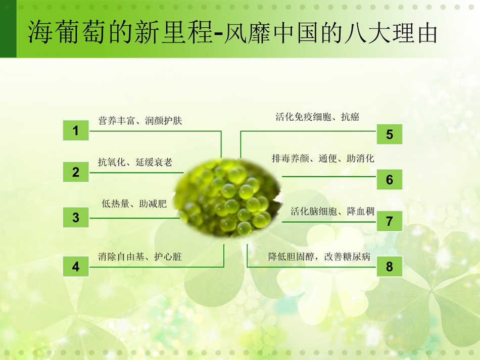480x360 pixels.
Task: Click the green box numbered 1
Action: (76, 130)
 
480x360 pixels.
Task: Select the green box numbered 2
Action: (76, 172)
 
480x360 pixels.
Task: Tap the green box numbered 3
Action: (76, 217)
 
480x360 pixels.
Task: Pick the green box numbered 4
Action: (76, 267)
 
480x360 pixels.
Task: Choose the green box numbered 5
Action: (390, 134)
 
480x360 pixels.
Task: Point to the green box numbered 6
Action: (390, 179)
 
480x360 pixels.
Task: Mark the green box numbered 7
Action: (390, 221)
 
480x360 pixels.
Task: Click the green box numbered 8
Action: (390, 267)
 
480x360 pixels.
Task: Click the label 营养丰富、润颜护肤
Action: (140, 121)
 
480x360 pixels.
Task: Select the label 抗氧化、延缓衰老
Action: (135, 162)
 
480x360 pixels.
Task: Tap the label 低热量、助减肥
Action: (134, 203)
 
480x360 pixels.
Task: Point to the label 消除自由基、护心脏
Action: (140, 256)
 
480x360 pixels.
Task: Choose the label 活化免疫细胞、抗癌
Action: (317, 117)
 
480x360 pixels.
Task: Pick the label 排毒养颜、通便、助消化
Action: (323, 158)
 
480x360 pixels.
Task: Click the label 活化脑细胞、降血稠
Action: (332, 211)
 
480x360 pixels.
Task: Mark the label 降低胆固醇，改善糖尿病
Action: (319, 256)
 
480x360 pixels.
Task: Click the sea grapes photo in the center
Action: (228, 198)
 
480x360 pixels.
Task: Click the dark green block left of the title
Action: (8, 29)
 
